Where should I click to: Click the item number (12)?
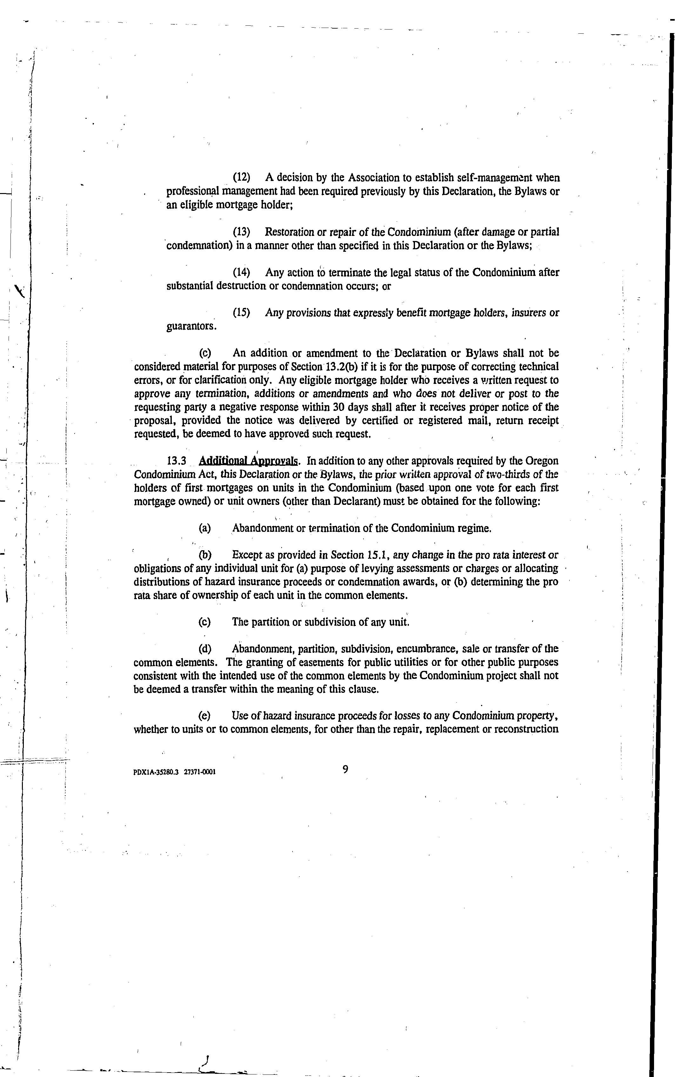point(242,177)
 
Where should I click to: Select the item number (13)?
point(242,232)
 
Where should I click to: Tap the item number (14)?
point(242,272)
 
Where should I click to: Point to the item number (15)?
point(242,312)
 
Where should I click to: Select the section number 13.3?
point(176,461)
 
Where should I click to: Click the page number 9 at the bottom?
point(345,769)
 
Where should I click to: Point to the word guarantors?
point(191,326)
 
